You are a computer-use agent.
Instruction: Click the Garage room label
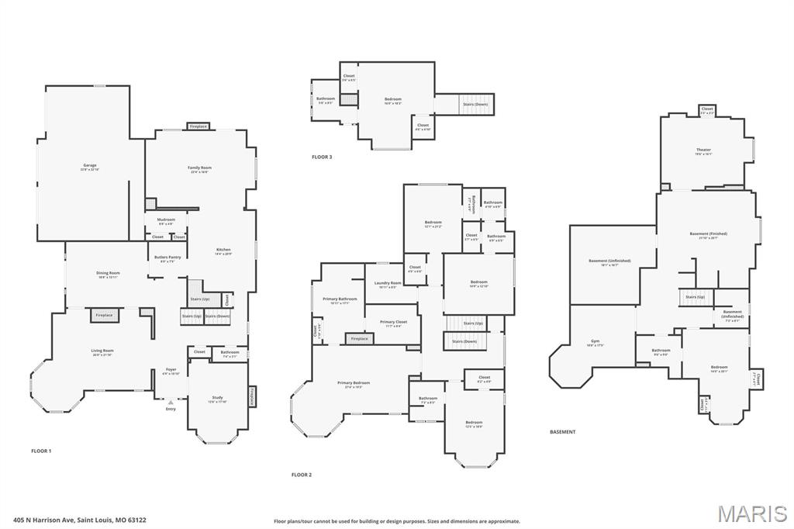pos(90,165)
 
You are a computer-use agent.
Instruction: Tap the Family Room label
pos(199,168)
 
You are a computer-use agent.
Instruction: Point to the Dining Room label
pos(108,273)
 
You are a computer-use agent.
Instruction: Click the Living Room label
pos(102,351)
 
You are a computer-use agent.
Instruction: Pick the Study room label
pos(217,398)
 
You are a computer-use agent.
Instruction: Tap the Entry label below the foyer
pos(171,409)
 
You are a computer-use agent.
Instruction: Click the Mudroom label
pos(166,220)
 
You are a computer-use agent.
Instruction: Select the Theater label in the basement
pos(703,150)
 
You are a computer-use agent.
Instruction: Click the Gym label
pos(595,341)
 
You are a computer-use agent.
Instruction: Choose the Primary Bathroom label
pos(340,299)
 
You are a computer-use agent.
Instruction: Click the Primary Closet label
pos(393,321)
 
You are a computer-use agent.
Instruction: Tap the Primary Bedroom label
pos(353,382)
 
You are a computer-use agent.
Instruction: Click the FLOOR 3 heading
pos(322,157)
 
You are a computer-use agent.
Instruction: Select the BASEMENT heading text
pos(562,431)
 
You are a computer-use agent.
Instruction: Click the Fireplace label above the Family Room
pos(198,126)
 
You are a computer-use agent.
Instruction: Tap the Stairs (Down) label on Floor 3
pos(475,104)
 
